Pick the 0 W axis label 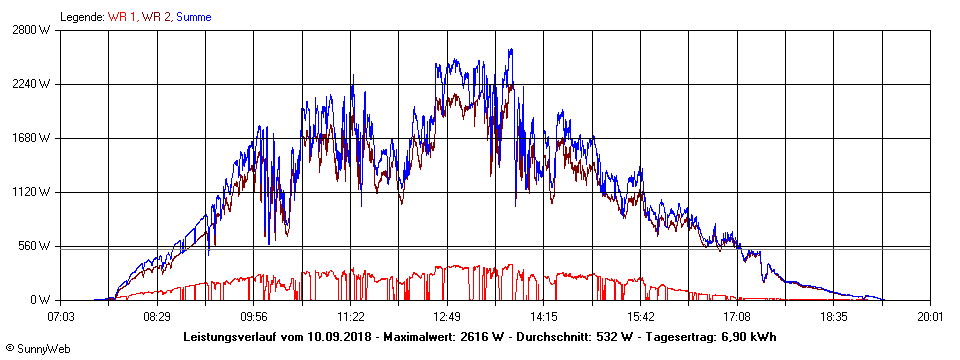point(40,300)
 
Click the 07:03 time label point(61,316)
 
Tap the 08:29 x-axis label point(158,316)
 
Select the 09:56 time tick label point(254,316)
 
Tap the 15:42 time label point(640,316)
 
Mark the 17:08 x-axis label point(737,316)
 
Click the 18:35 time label point(833,316)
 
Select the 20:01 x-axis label point(930,316)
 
